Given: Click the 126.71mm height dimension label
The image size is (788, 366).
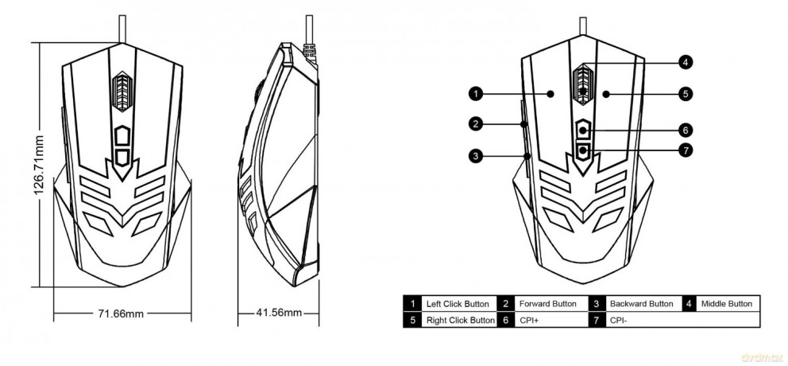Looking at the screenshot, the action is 40,165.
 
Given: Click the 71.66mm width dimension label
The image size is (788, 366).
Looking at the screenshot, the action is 121,314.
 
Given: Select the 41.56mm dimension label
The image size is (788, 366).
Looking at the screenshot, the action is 279,313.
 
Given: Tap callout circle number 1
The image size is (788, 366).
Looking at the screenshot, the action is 476,93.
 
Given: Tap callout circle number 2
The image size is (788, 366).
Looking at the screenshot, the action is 476,123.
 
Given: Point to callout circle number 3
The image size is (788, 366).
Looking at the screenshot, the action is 476,156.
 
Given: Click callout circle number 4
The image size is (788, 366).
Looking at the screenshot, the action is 685,62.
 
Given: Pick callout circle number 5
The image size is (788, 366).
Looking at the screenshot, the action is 685,93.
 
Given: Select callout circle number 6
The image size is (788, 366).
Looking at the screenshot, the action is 685,130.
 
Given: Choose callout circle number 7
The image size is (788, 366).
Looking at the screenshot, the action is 685,150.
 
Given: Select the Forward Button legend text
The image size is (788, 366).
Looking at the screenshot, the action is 548,304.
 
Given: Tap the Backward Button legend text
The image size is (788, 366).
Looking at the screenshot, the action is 641,304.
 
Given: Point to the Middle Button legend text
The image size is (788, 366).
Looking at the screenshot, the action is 727,304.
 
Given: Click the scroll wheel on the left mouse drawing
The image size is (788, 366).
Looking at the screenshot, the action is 122,91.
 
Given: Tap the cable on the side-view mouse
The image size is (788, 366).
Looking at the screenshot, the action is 309,31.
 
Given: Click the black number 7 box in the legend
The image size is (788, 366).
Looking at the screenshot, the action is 596,320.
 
